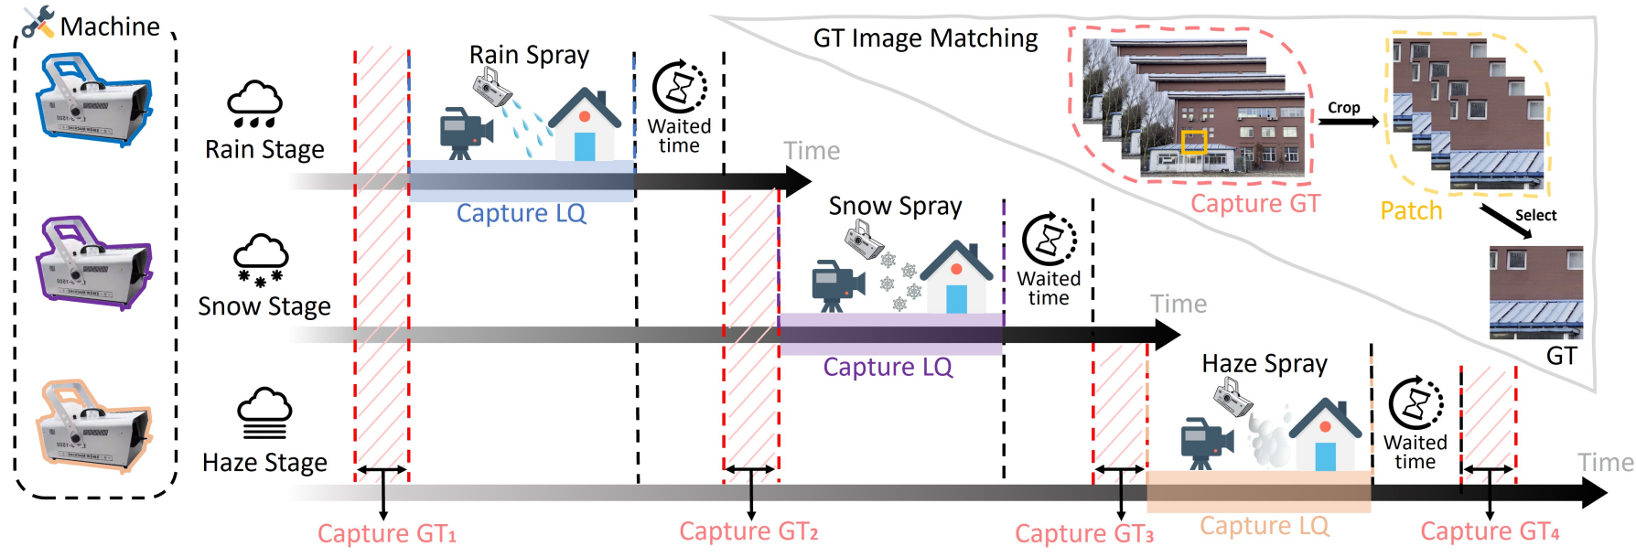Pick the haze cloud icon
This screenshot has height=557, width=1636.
point(264,413)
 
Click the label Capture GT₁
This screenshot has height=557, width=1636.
point(386,533)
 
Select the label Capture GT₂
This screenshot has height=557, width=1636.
point(748,531)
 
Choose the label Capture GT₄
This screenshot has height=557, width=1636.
point(1489,531)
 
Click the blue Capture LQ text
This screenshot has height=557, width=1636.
point(521,213)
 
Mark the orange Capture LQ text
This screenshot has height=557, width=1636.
point(1264,526)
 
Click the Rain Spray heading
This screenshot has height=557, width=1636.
point(529,55)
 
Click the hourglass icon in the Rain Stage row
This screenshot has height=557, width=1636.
point(680,87)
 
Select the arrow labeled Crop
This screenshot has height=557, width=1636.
point(1348,121)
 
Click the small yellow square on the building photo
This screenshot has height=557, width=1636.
point(1193,142)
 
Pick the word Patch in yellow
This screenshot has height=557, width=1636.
point(1411,211)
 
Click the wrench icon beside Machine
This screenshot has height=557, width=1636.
point(38,22)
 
